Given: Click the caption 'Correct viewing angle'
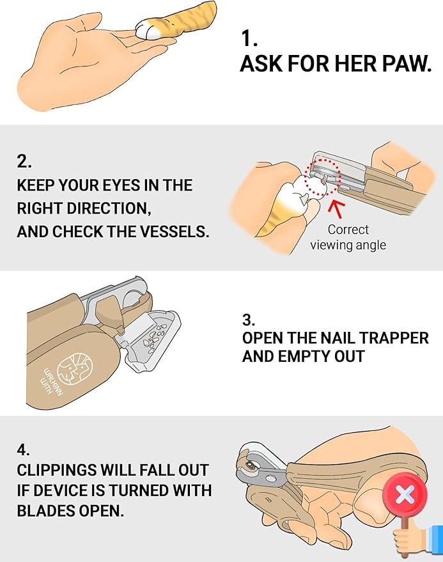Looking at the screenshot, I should (348, 237).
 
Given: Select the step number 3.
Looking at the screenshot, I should (248, 320).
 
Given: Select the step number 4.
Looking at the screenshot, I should (23, 449).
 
